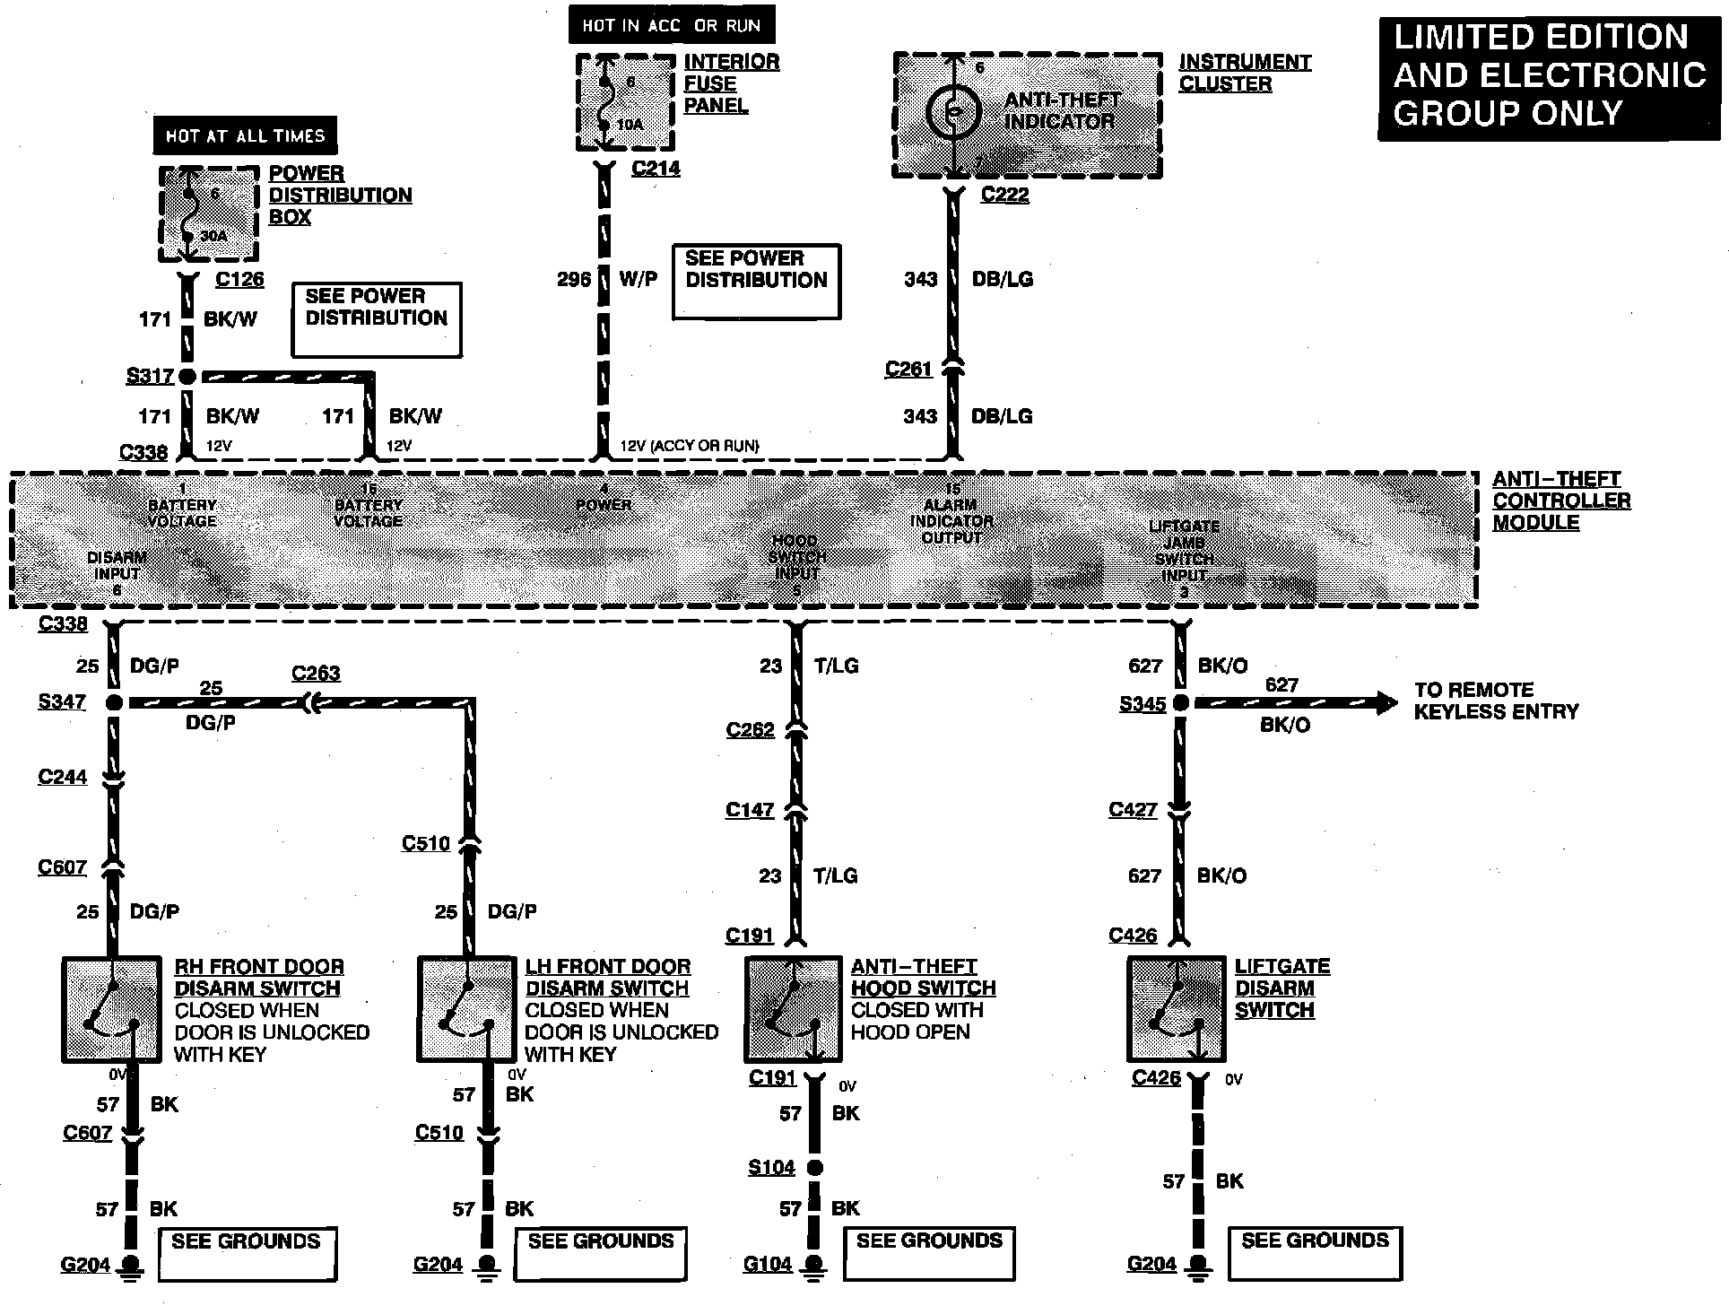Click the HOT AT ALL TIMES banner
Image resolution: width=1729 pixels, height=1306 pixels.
(x=245, y=135)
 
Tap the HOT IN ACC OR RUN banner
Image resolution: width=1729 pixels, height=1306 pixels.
(x=671, y=25)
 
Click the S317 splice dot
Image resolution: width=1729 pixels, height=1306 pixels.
(x=187, y=377)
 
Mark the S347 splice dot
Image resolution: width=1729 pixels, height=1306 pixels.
(x=114, y=703)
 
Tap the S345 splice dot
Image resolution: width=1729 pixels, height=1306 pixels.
(x=1180, y=703)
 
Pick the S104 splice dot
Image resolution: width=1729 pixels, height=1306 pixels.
(x=814, y=1167)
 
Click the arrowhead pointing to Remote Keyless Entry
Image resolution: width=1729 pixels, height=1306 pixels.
(x=1386, y=703)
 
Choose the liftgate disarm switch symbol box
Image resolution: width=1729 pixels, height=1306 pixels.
(x=1176, y=1010)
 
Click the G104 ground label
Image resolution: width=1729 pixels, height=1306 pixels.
(x=768, y=1265)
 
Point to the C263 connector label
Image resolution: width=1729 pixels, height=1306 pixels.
(x=316, y=674)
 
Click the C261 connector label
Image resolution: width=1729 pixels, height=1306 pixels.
(x=908, y=370)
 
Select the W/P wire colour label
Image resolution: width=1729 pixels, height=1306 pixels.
(x=638, y=279)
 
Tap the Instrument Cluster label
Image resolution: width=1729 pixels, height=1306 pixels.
(x=1244, y=73)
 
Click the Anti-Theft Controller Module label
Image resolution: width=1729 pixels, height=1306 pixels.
(x=1560, y=501)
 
